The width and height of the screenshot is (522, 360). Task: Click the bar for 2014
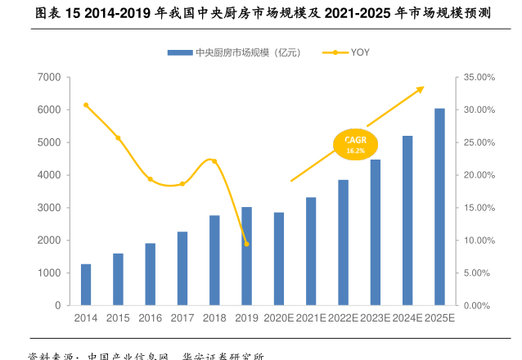86,285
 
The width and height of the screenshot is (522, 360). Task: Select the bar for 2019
246,256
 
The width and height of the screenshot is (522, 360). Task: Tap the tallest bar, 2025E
439,207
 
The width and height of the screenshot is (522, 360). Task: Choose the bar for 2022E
343,242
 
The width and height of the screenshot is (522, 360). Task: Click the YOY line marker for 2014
86,105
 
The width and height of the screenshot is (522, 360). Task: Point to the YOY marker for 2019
246,244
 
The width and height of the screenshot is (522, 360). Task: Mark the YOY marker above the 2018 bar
214,161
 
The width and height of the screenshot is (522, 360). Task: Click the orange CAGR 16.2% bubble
355,144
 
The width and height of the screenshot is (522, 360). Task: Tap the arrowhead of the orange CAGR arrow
421,88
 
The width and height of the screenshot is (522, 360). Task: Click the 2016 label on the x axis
150,317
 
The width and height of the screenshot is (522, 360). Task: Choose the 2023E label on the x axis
375,317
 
